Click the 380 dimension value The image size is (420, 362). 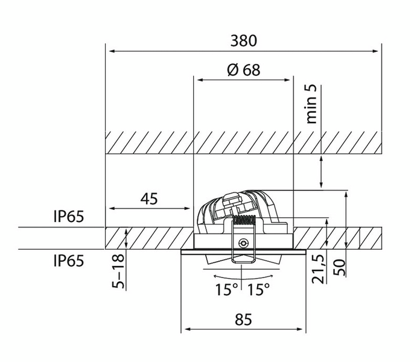click(244, 40)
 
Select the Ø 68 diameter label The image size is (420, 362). click(244, 69)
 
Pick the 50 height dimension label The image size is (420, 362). click(342, 266)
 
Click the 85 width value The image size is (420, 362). click(244, 320)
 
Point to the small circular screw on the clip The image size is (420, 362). click(243, 243)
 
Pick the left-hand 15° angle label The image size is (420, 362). click(226, 290)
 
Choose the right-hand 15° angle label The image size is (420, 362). click(258, 290)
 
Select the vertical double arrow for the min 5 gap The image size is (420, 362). click(321, 171)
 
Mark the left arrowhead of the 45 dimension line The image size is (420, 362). click(109, 209)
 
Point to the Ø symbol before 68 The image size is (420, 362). click(233, 69)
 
